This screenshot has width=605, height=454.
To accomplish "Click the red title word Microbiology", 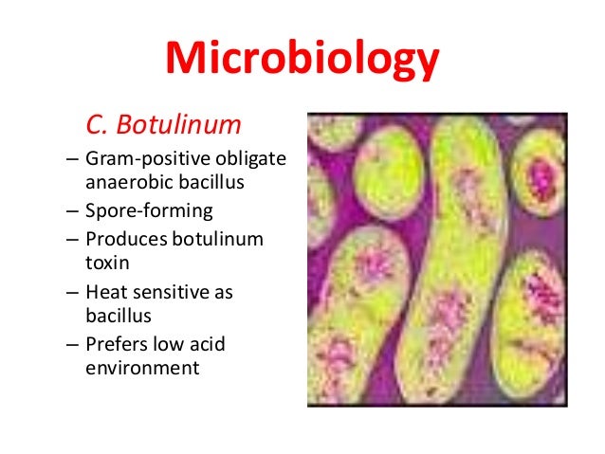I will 302,59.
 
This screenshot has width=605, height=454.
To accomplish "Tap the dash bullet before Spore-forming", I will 73,209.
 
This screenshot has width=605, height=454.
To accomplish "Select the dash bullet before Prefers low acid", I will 73,342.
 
